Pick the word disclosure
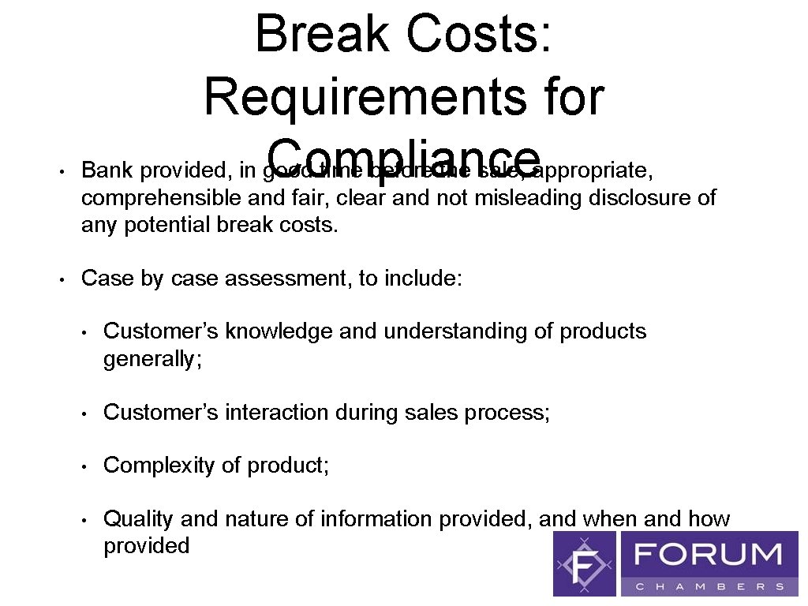point(642,197)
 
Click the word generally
point(151,359)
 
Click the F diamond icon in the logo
point(585,563)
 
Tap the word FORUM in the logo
point(709,555)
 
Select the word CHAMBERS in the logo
point(709,586)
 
